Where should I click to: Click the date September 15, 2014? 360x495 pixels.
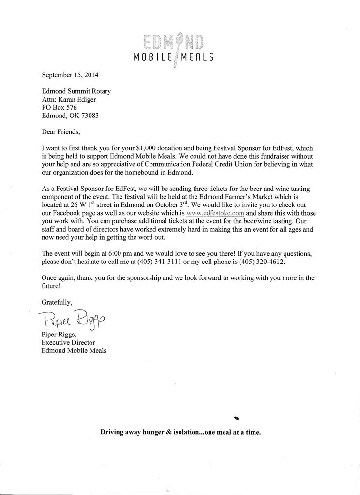[x=70, y=75]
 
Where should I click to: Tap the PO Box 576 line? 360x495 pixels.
[x=60, y=107]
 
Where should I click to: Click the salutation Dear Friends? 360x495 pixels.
[x=61, y=131]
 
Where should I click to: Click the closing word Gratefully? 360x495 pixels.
[x=57, y=302]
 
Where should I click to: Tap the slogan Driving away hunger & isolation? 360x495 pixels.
[x=180, y=432]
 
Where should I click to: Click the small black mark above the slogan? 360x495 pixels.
[x=236, y=417]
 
